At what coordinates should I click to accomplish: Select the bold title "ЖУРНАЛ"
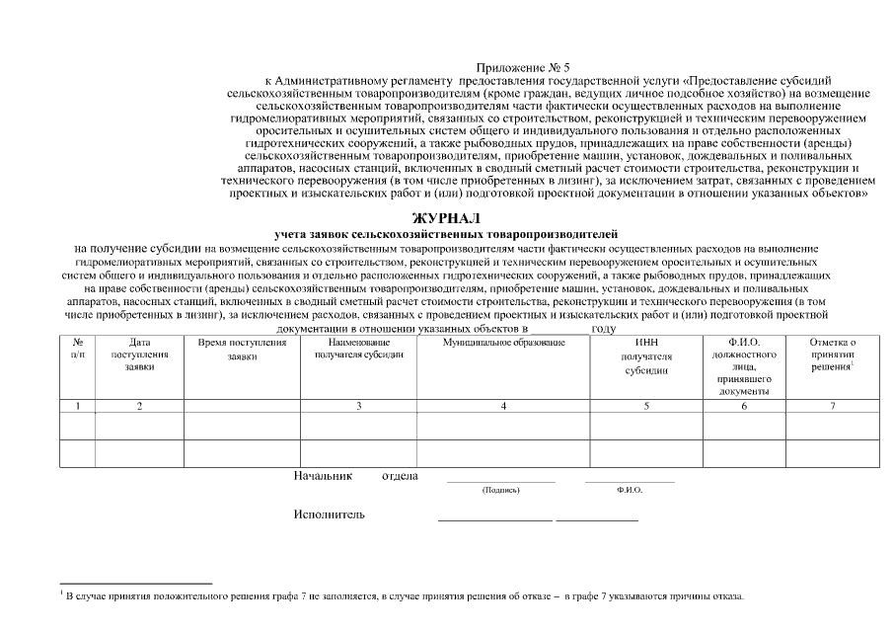[x=445, y=217]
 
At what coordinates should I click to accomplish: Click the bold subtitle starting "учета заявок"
[x=445, y=233]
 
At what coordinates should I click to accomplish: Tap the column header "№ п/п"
[x=78, y=348]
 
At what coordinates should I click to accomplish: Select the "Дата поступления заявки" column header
[x=139, y=354]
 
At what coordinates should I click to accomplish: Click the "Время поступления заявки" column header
[x=242, y=349]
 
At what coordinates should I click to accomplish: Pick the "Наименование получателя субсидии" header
[x=358, y=348]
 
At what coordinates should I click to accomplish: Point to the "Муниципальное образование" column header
[x=504, y=342]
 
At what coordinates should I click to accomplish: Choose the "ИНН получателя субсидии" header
[x=646, y=356]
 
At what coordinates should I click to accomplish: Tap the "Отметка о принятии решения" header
[x=832, y=354]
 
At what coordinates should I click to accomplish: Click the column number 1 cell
[x=78, y=405]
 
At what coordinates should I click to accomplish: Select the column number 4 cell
[x=504, y=405]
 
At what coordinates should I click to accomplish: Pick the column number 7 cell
[x=832, y=405]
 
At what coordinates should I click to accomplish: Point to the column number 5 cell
[x=646, y=405]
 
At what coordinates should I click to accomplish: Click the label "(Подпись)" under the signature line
[x=500, y=490]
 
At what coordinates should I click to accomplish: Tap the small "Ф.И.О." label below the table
[x=629, y=490]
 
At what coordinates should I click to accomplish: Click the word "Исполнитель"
[x=329, y=514]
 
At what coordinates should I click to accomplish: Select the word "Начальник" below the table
[x=323, y=476]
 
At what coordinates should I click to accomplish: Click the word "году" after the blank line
[x=604, y=328]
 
